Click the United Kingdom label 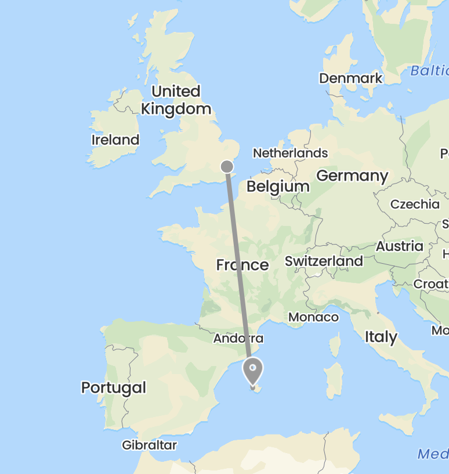click(176, 100)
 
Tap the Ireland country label click(115, 140)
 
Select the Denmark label click(351, 78)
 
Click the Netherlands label click(290, 153)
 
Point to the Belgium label click(278, 186)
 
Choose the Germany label click(352, 176)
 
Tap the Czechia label click(415, 204)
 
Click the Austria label click(400, 246)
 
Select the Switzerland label click(324, 261)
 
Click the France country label click(242, 265)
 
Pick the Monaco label click(314, 317)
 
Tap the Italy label click(381, 337)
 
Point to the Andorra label click(238, 338)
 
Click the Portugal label click(114, 387)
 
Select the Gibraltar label click(149, 445)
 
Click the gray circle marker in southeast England click(227, 167)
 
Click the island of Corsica click(335, 345)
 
